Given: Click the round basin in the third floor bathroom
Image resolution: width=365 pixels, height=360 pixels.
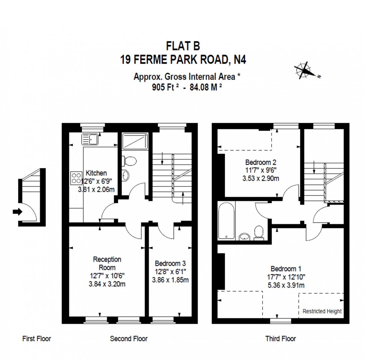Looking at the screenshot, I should pyautogui.click(x=244, y=236).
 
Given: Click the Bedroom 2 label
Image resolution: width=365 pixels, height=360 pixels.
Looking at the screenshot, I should pyautogui.click(x=260, y=162).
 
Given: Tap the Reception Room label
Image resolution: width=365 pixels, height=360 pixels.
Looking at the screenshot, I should pyautogui.click(x=107, y=263).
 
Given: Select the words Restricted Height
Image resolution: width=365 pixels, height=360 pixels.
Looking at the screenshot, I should pyautogui.click(x=322, y=311).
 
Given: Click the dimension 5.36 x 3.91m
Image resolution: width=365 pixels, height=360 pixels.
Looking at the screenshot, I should pyautogui.click(x=286, y=285).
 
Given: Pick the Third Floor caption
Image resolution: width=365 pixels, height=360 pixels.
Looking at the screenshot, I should pyautogui.click(x=280, y=339).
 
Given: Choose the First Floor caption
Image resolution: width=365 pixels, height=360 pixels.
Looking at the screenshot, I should pyautogui.click(x=36, y=339).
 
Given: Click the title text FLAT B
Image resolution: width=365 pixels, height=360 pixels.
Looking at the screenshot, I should pyautogui.click(x=182, y=46).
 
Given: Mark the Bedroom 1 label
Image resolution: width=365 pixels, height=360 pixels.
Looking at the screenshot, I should pyautogui.click(x=286, y=269).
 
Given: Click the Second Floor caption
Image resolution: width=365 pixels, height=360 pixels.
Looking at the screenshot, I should pyautogui.click(x=128, y=339).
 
